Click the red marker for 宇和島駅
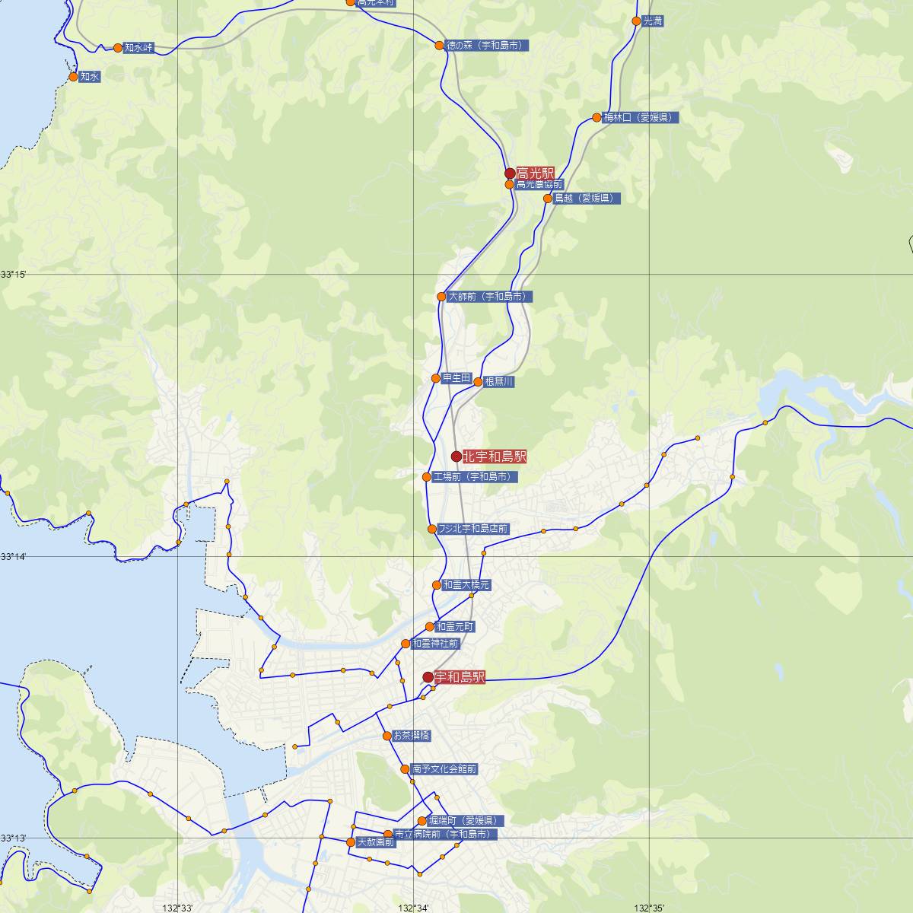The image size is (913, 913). [x=428, y=677]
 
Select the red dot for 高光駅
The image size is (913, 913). [x=511, y=173]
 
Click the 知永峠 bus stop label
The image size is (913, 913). [x=138, y=48]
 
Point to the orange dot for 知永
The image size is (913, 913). [x=73, y=77]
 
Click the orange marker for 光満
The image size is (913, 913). [x=637, y=21]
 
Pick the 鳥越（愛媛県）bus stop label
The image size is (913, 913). [x=587, y=199]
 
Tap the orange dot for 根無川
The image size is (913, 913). [x=478, y=382]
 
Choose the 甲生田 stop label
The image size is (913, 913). [x=456, y=378]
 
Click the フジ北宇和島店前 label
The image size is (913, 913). [x=473, y=529]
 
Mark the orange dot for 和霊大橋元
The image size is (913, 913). [x=437, y=585]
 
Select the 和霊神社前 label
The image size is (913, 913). [x=435, y=644]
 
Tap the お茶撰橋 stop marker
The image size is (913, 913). [x=387, y=736]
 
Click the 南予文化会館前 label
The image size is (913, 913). [x=444, y=769]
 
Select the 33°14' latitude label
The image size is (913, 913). [x=14, y=557]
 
